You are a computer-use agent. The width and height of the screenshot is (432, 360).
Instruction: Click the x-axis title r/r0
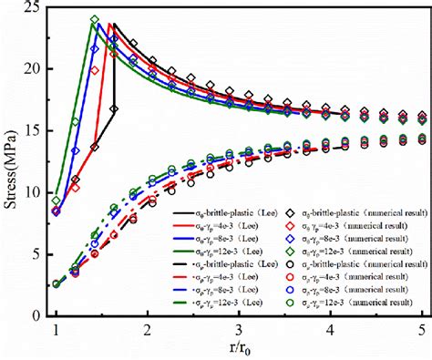coord(240,351)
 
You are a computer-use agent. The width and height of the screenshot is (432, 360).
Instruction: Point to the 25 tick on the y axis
coord(34,7)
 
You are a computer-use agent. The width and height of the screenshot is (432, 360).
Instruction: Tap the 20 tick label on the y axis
coord(34,69)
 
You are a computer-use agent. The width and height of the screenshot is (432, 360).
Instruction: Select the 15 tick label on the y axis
coord(34,130)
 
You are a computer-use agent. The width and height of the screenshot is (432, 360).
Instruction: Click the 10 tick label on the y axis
coord(34,192)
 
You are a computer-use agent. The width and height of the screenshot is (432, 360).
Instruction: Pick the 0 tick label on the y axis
coord(37,315)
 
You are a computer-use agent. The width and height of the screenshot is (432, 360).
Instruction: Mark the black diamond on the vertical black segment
coord(114,108)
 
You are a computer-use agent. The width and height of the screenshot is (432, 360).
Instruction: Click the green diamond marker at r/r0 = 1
coord(57,200)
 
